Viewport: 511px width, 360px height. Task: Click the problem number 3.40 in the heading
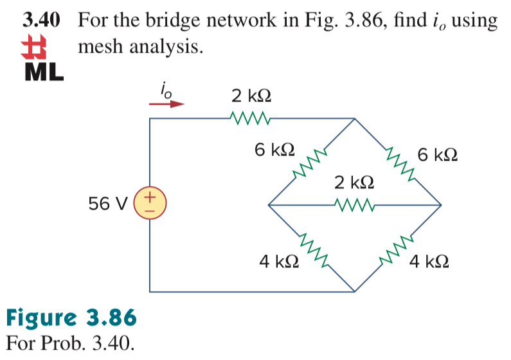pyautogui.click(x=42, y=20)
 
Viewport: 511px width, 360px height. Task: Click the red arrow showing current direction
pyautogui.click(x=168, y=103)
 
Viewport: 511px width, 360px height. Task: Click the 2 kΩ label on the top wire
pyautogui.click(x=251, y=97)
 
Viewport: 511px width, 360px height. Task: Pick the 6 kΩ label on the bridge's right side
pyautogui.click(x=437, y=155)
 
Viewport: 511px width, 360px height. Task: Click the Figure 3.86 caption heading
pyautogui.click(x=71, y=318)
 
